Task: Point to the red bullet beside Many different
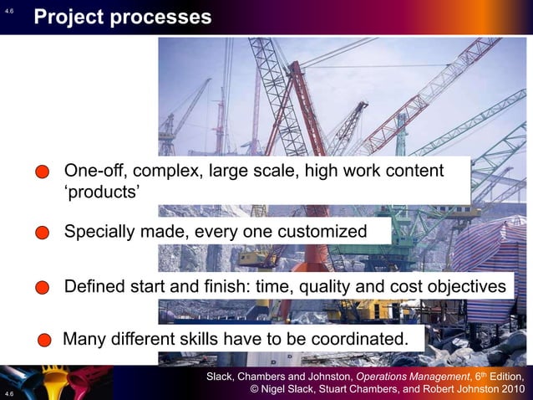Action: [46, 341]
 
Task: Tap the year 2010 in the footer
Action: [508, 389]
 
